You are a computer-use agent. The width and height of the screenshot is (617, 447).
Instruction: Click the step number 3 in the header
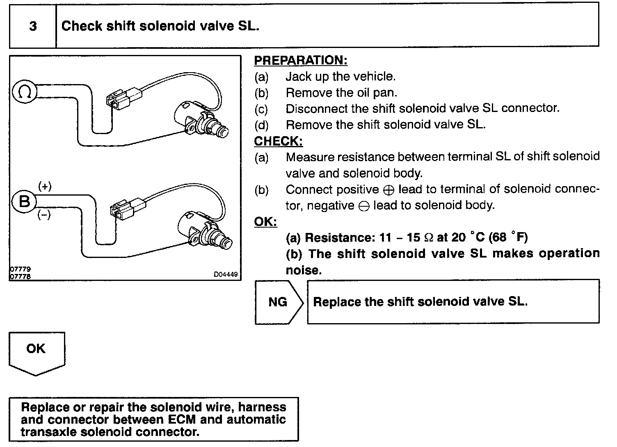tap(33, 26)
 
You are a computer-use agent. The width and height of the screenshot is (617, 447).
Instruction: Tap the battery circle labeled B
tap(25, 202)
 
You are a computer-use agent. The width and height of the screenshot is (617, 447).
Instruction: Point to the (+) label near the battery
tap(45, 187)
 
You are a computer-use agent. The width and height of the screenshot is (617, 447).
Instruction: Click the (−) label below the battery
tap(44, 214)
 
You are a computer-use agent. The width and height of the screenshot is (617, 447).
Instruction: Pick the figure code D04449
tap(226, 275)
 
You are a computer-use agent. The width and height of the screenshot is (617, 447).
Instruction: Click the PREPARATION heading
tap(301, 60)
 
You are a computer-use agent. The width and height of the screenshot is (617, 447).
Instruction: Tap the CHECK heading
tap(278, 141)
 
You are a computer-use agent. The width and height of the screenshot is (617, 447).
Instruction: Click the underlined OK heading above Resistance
tap(265, 222)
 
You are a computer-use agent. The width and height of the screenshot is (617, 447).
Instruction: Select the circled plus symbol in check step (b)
tap(389, 190)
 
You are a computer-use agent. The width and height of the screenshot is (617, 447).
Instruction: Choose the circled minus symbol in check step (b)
tap(363, 206)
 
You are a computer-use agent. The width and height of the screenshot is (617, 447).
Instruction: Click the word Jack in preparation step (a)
tap(299, 77)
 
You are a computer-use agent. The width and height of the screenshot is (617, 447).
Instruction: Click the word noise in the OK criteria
tap(304, 270)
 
